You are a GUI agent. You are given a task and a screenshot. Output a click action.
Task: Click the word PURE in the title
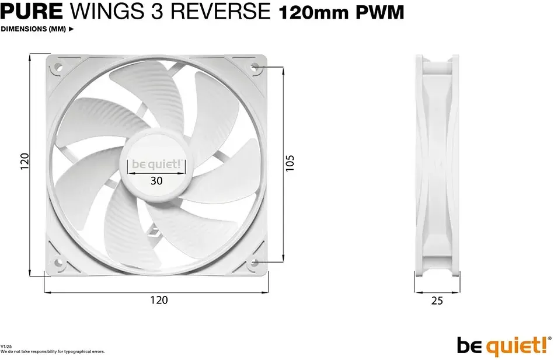pos(32,12)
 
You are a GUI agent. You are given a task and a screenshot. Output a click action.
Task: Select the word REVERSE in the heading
pos(220,12)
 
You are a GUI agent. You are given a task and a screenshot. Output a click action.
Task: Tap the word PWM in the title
pos(379,13)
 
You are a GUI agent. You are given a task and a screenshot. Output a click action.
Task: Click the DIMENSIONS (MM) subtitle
pos(33,29)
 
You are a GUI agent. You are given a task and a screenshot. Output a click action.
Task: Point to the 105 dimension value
pos(290,163)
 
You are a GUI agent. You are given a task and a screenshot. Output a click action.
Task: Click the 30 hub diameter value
pos(156,181)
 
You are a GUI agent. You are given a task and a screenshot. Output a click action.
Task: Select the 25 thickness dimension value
pos(437,300)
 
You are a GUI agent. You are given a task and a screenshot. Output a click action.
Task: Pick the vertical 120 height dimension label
pos(25,162)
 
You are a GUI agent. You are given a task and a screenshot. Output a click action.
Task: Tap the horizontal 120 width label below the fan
pos(159,300)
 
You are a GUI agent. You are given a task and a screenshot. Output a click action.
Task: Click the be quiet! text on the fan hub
pos(156,165)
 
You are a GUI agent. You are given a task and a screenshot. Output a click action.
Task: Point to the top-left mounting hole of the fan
pos(58,67)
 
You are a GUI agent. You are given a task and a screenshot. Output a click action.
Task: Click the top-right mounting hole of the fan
pos(255,67)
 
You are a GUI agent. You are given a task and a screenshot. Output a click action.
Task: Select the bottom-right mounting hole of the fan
pos(254,263)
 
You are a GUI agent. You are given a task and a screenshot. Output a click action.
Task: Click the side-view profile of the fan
pos(437,165)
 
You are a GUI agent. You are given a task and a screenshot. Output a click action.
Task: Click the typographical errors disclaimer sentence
pos(53,352)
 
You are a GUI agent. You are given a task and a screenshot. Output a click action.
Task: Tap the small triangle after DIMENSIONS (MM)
pos(71,29)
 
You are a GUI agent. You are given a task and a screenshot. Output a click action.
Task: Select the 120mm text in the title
pos(314,13)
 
